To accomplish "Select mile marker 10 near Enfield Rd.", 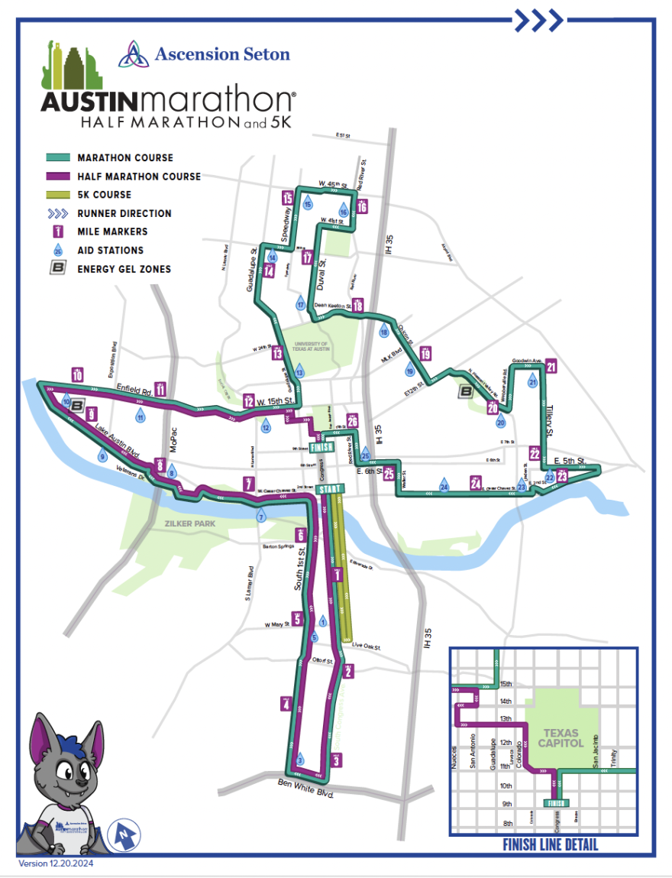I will [x=77, y=374].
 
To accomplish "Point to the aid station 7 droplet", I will [x=261, y=517].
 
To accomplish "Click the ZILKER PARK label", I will [x=189, y=523].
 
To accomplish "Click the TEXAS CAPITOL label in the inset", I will [x=564, y=737].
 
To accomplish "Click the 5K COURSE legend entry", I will [x=104, y=195].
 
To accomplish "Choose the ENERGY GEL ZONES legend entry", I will [x=124, y=268].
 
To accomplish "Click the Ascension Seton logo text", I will [x=221, y=54].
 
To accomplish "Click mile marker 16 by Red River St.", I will [x=362, y=207].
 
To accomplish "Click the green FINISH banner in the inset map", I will [x=555, y=803].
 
